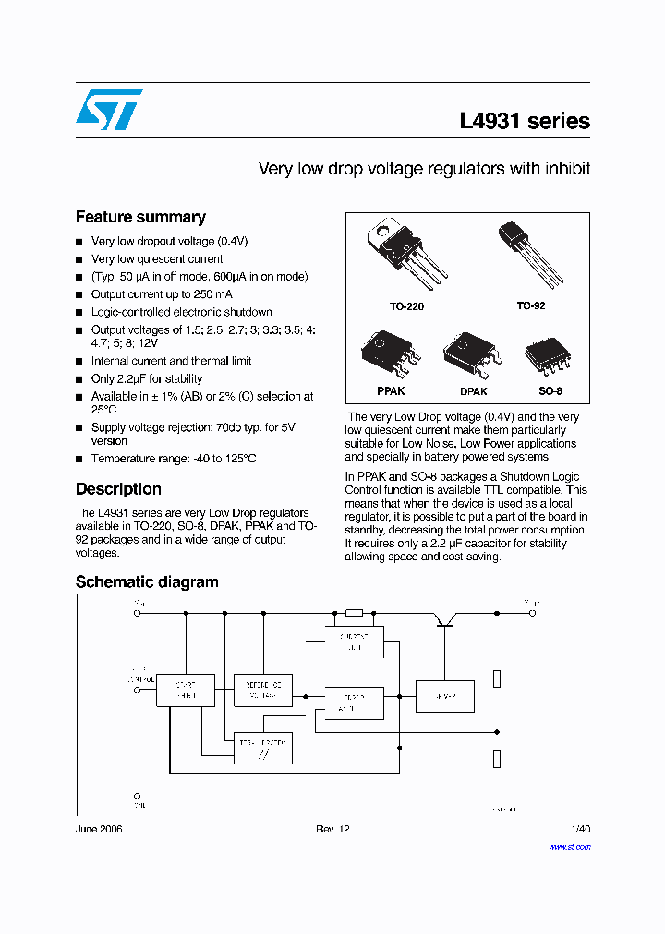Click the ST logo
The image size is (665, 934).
point(109,110)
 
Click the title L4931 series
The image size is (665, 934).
point(524,121)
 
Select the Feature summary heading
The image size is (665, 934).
point(140,217)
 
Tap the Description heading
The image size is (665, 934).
point(118,489)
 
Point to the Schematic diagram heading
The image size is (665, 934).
point(147,581)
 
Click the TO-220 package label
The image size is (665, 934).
point(406,306)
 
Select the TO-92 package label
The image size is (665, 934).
point(531,305)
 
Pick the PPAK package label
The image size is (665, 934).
point(391,391)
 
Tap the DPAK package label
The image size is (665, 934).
point(473,391)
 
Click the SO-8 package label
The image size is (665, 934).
point(549,390)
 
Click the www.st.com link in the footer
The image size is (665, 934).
point(569,846)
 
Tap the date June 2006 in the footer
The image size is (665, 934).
point(99,830)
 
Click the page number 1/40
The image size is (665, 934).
point(580,830)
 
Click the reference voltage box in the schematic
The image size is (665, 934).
point(263,689)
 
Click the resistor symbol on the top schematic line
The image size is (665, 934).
point(353,613)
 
